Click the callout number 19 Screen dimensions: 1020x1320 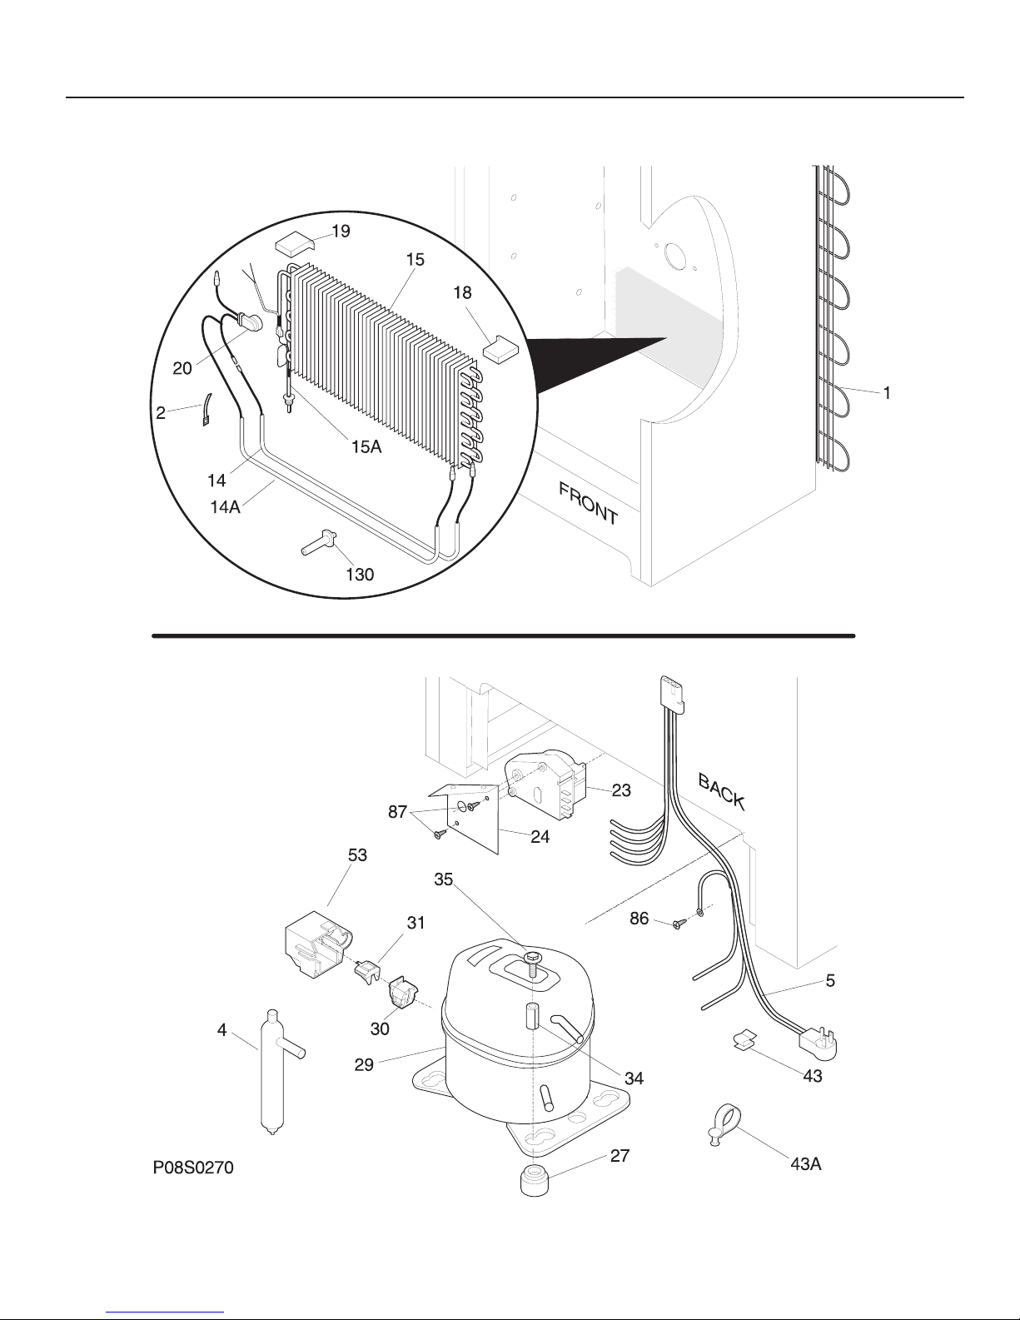(341, 232)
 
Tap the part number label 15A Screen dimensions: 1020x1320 (366, 447)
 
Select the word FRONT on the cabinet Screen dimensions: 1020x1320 (589, 504)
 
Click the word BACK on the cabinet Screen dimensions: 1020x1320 (721, 791)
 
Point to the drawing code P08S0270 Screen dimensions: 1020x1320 (193, 1168)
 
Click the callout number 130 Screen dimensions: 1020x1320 (360, 574)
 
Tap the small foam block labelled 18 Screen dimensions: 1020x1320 (501, 349)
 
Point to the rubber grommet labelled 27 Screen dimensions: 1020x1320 (535, 1180)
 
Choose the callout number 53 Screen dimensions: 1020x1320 (357, 855)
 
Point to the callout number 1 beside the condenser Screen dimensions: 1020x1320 (887, 394)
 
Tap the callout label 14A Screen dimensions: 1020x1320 (226, 506)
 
